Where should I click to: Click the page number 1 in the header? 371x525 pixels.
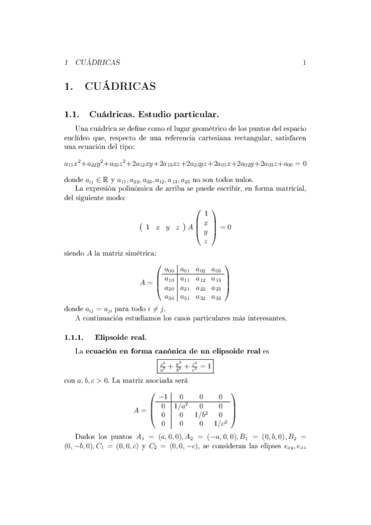[304, 63]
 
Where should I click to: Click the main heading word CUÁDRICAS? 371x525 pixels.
[123, 87]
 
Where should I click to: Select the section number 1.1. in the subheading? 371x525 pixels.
[72, 115]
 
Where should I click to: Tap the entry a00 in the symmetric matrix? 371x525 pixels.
[167, 270]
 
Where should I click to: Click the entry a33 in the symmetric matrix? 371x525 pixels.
[216, 297]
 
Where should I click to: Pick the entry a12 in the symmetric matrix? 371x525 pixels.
[200, 279]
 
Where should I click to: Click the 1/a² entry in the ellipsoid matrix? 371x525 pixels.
[181, 406]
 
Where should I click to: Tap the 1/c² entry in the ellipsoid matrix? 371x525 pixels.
[221, 423]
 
